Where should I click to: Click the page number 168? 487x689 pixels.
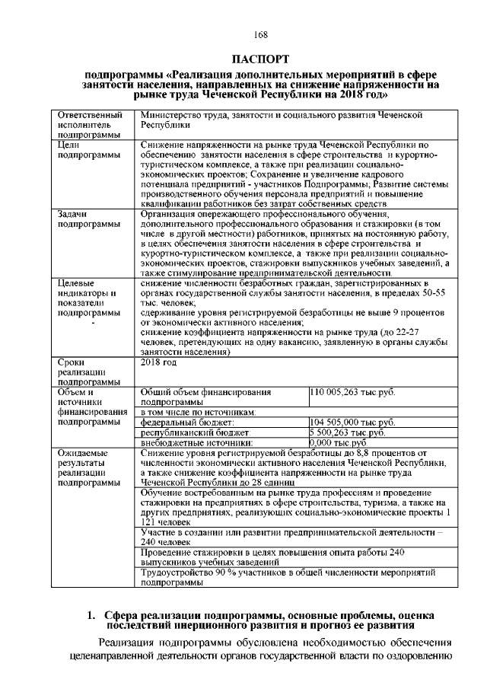tap(260, 36)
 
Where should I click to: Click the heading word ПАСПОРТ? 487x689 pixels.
tap(260, 59)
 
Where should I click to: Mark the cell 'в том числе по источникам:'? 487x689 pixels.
tap(199, 411)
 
